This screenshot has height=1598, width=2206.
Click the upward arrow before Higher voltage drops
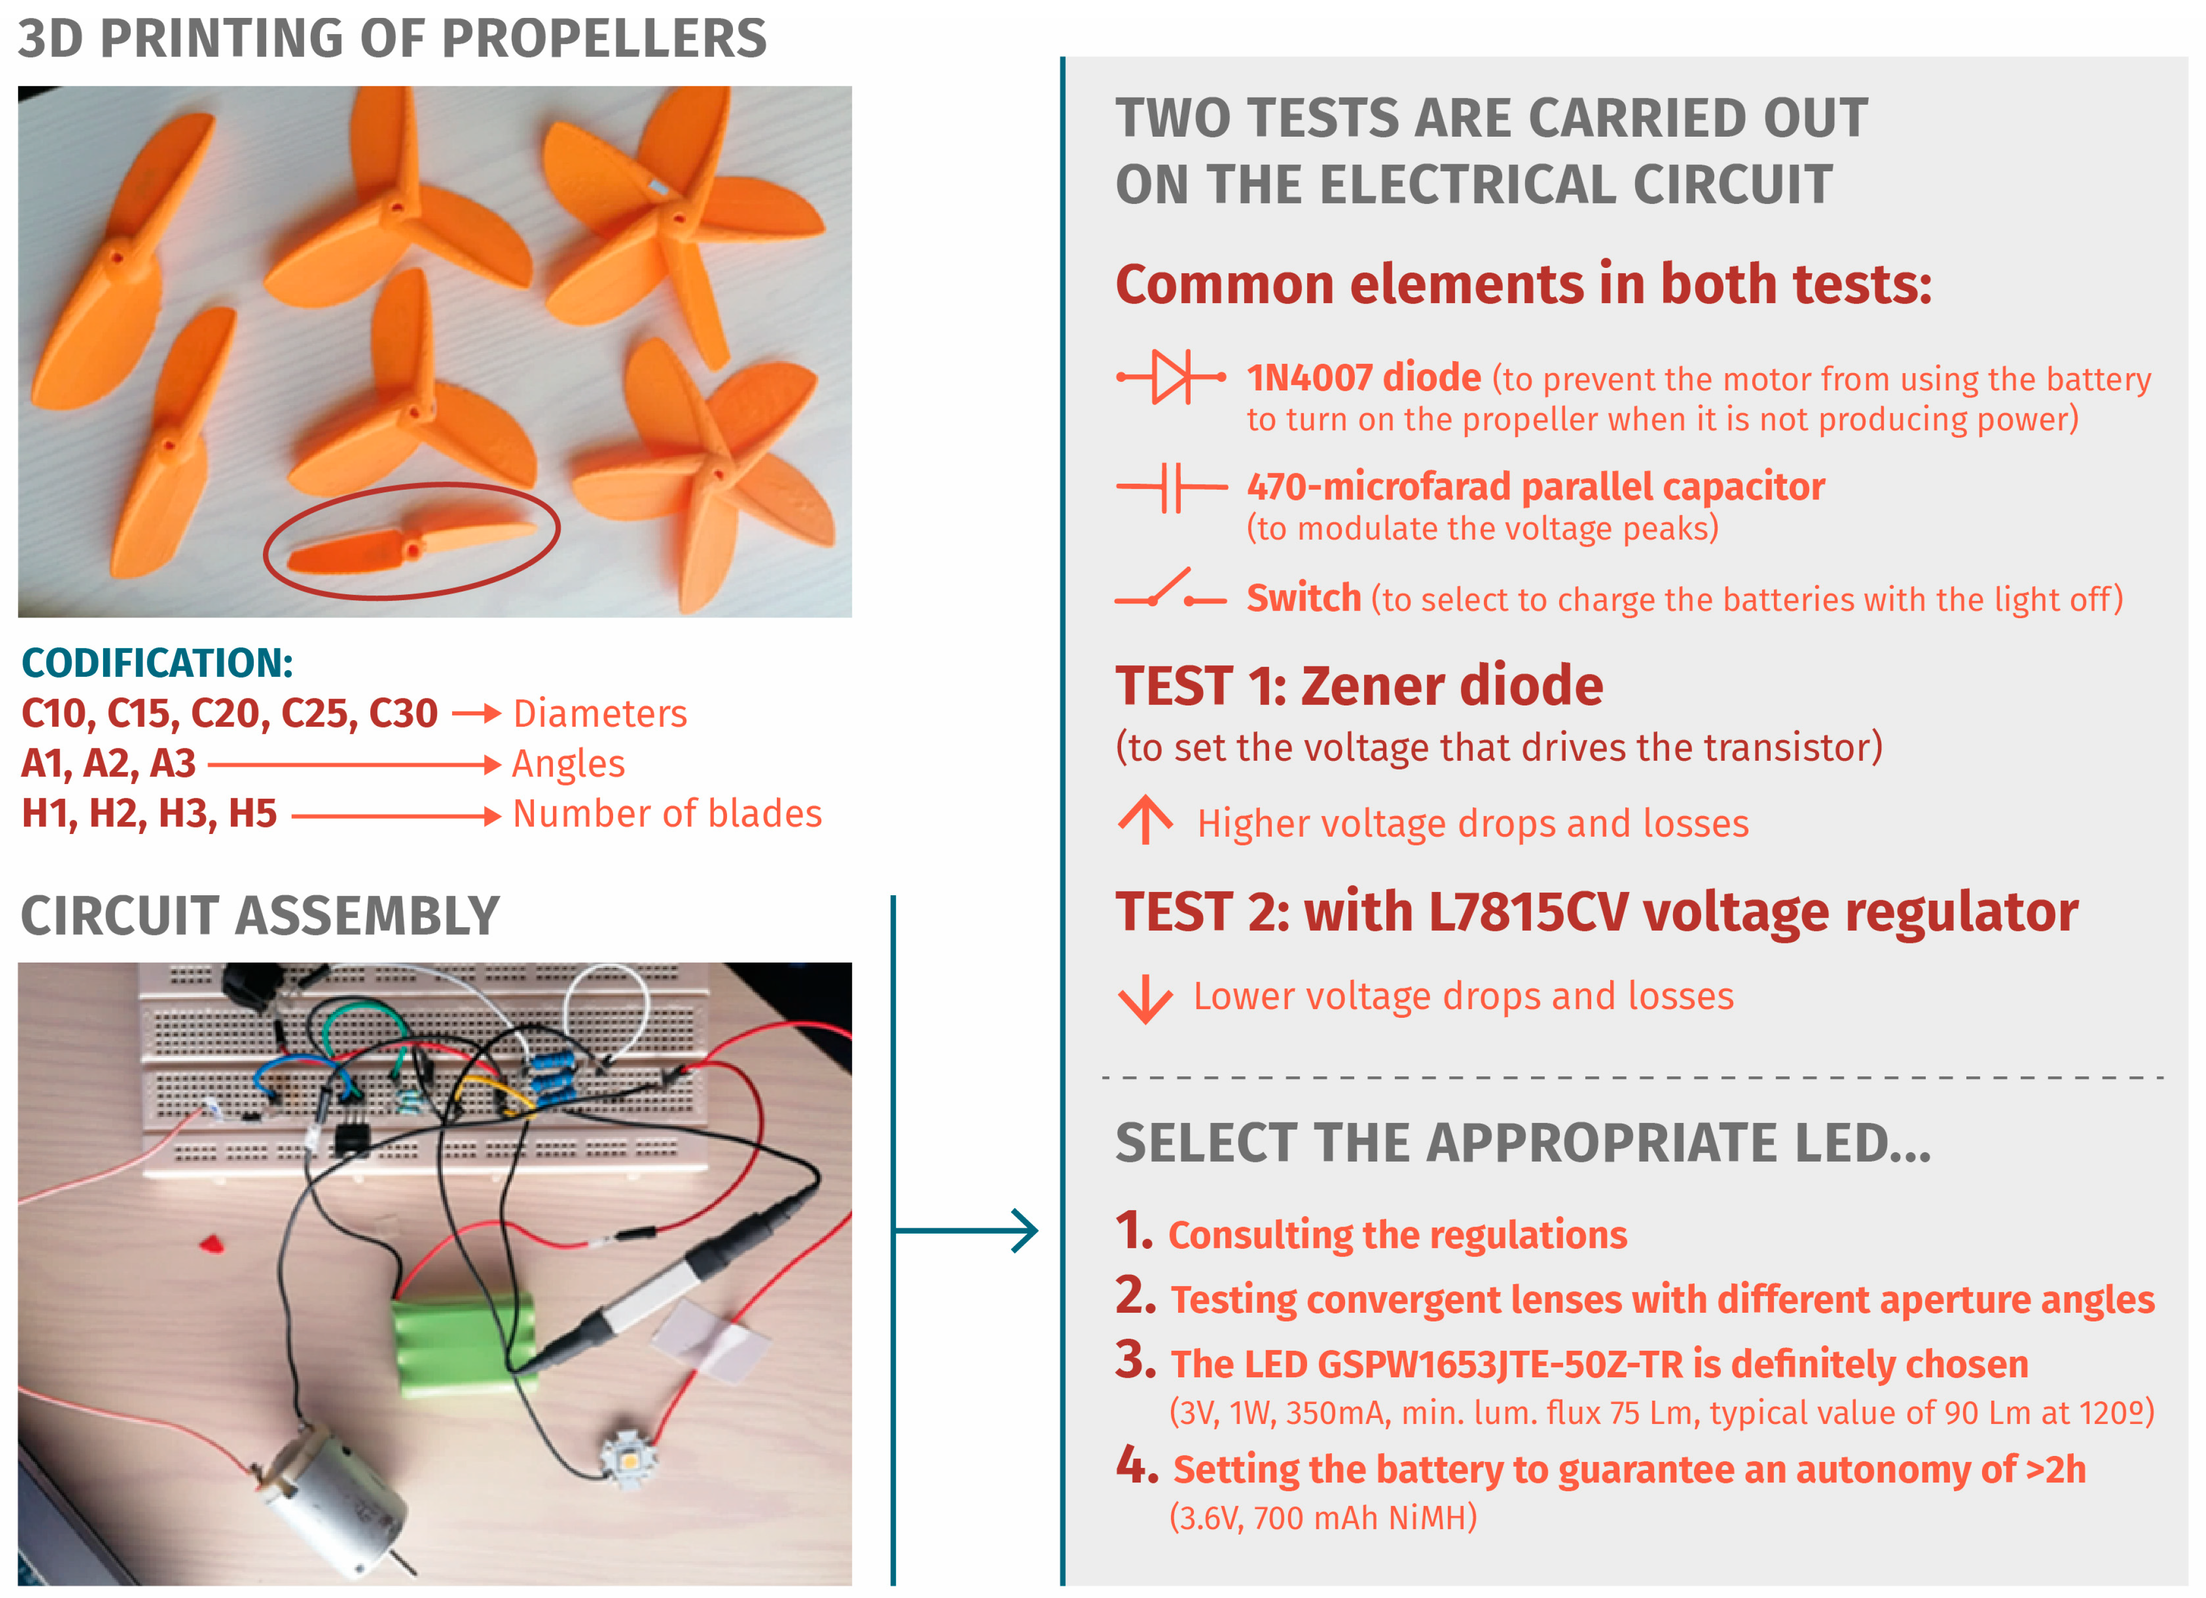click(1146, 820)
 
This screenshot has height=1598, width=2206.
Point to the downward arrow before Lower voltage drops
click(1146, 999)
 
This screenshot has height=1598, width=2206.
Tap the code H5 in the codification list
click(253, 814)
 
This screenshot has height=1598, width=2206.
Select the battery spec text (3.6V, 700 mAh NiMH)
click(1323, 1517)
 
